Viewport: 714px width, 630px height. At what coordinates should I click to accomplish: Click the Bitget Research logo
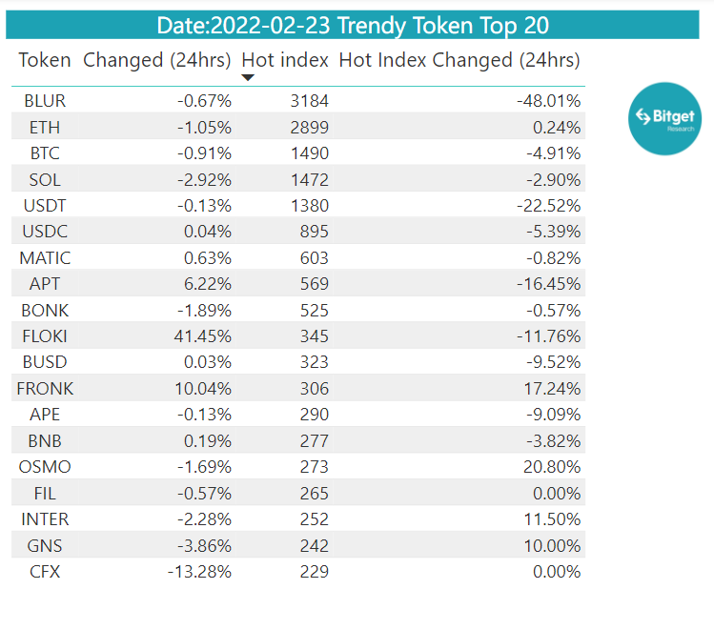(664, 119)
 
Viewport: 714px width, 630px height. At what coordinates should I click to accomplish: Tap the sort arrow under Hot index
(248, 78)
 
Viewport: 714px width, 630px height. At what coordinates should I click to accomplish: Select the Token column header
(45, 60)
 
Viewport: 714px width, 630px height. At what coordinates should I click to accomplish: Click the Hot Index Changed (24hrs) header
(459, 61)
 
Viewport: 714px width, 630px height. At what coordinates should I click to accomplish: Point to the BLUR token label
(45, 101)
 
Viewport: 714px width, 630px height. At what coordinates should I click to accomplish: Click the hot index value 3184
(309, 101)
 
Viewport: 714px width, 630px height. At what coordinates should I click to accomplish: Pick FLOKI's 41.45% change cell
(203, 336)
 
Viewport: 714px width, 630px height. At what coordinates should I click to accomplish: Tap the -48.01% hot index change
(549, 101)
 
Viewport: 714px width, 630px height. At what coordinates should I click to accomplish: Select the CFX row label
(45, 572)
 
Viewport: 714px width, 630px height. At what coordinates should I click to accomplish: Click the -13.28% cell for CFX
(199, 572)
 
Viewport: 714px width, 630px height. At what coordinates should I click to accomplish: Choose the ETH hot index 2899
(309, 128)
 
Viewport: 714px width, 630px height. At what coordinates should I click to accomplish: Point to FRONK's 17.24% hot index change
(552, 389)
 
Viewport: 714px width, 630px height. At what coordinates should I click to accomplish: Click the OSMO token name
(45, 467)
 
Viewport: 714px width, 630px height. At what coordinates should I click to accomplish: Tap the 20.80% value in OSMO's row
(552, 467)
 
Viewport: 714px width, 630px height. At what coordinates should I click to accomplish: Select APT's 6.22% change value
(208, 284)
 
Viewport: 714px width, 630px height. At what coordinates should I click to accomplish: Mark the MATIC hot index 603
(315, 258)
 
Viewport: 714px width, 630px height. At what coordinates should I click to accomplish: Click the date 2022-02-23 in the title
(271, 26)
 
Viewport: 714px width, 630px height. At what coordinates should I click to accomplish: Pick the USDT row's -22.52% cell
(549, 206)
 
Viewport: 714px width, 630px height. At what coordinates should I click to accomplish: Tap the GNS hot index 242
(315, 546)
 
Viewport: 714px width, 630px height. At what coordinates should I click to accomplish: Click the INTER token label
(45, 519)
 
